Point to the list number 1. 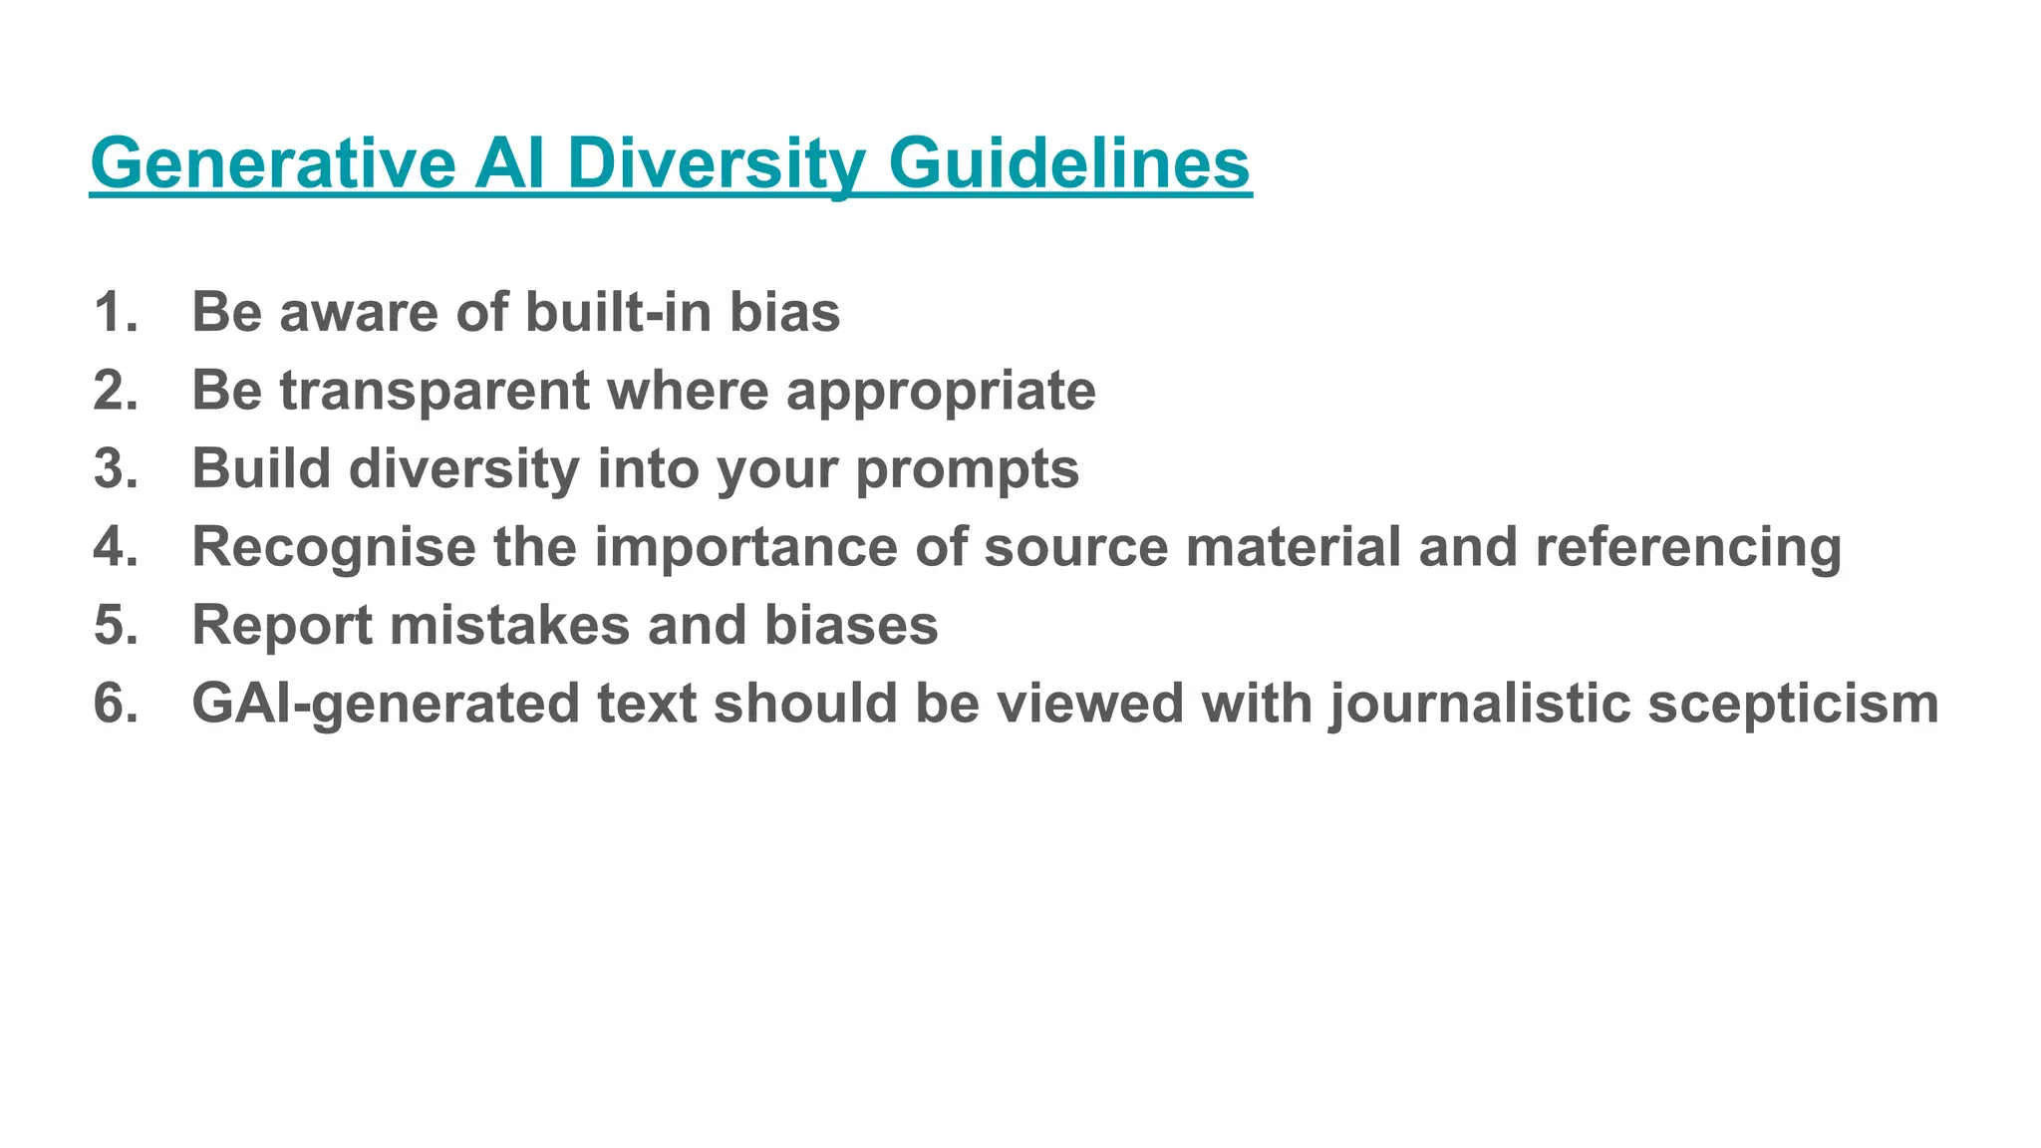pyautogui.click(x=116, y=312)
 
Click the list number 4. pyautogui.click(x=116, y=547)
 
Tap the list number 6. pyautogui.click(x=116, y=704)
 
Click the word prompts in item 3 pyautogui.click(x=967, y=469)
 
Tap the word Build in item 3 pyautogui.click(x=261, y=468)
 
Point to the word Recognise pyautogui.click(x=334, y=547)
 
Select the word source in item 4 pyautogui.click(x=1075, y=547)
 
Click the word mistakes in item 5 pyautogui.click(x=509, y=625)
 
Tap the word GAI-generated pyautogui.click(x=386, y=704)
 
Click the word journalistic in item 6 pyautogui.click(x=1480, y=704)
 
